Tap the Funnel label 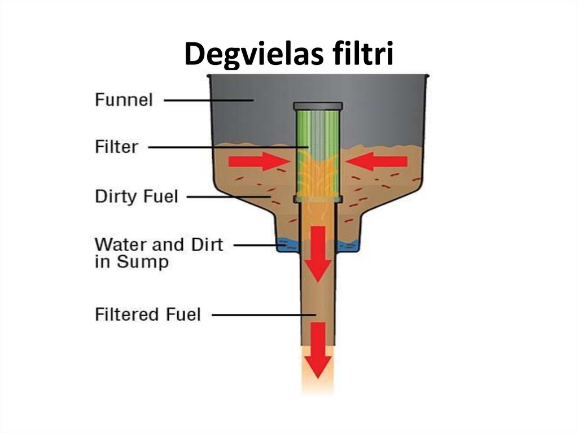coord(124,100)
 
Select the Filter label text coord(116,147)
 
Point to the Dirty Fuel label coord(136,196)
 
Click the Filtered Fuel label coord(147,314)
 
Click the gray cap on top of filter coord(318,106)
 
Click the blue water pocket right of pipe coord(348,246)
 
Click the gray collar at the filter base coord(318,199)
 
